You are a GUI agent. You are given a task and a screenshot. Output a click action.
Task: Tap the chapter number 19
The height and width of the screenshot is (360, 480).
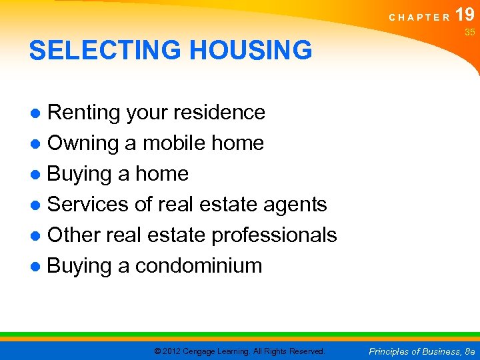tap(465, 14)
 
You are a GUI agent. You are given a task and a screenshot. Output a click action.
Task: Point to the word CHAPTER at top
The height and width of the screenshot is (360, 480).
tap(419, 18)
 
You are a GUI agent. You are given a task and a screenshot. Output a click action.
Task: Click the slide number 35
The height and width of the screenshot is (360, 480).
tap(469, 32)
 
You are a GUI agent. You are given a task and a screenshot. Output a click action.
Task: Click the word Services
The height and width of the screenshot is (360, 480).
tap(87, 204)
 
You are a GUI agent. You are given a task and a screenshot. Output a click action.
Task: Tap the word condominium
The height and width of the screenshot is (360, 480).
tap(199, 265)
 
